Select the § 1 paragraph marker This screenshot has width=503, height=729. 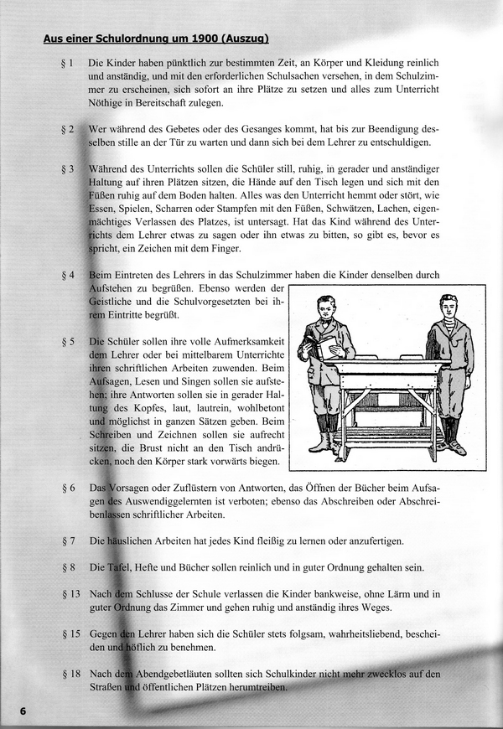pos(68,64)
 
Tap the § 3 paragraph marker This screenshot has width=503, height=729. pos(68,169)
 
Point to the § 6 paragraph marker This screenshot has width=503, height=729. pos(68,488)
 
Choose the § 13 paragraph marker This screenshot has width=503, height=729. pos(70,594)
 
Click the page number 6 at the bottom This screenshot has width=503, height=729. pos(23,711)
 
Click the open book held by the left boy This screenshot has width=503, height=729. pos(326,344)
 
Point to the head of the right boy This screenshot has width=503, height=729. pos(448,307)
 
